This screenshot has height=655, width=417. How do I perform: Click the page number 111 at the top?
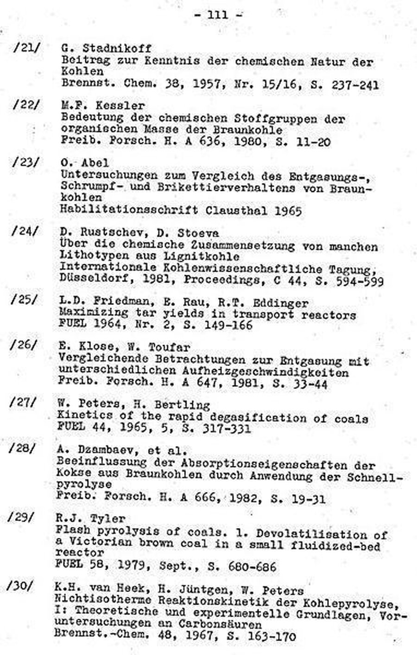tap(218, 14)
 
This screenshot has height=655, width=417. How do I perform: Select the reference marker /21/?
tap(26, 48)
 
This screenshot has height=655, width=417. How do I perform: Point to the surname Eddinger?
tap(281, 303)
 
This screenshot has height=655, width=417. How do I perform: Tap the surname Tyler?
tap(108, 518)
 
